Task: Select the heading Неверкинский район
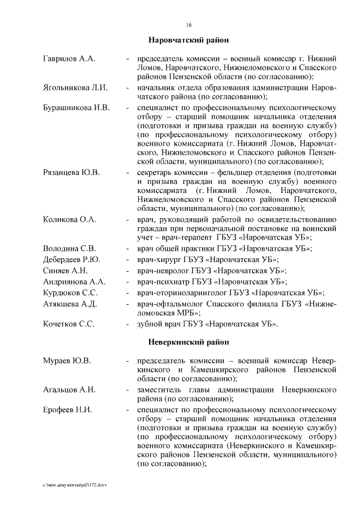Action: (188, 341)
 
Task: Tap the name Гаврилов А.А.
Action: (69, 58)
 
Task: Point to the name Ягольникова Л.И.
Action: (75, 88)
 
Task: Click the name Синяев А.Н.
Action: (65, 271)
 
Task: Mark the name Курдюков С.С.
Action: (71, 293)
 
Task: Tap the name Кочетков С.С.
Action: (69, 325)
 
